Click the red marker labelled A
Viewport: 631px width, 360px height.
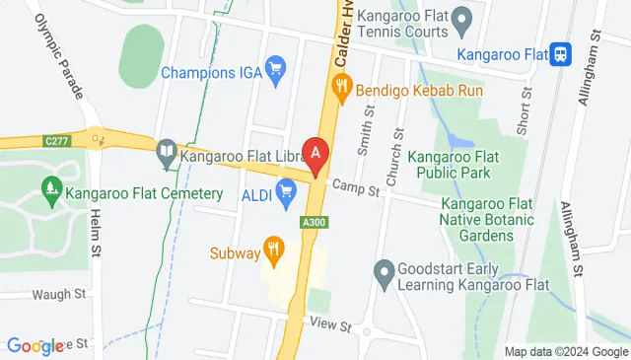[x=315, y=155]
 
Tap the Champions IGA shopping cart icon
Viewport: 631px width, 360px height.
[x=276, y=68]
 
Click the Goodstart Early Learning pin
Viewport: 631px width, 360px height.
[x=386, y=269]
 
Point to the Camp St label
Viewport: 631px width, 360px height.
[x=356, y=187]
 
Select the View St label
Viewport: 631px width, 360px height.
[x=329, y=324]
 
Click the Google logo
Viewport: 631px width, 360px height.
[x=35, y=346]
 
